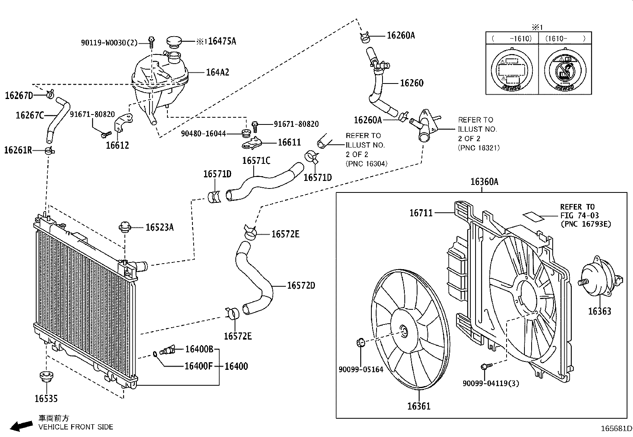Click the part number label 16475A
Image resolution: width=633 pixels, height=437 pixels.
pos(222,41)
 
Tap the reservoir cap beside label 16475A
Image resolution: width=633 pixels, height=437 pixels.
pos(173,41)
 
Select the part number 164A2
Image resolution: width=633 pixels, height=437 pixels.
pos(217,72)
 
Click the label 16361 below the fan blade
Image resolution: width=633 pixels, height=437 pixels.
pos(419,406)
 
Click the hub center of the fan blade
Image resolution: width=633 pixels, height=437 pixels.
pos(404,331)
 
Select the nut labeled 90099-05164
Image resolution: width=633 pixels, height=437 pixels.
pos(361,342)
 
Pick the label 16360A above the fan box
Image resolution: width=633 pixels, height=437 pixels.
pos(484,182)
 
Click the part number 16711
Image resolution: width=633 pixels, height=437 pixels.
pos(421,213)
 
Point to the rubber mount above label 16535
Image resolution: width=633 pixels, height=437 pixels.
pos(46,376)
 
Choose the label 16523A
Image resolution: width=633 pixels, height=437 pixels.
pos(159,227)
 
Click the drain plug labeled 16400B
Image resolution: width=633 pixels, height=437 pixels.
pos(168,351)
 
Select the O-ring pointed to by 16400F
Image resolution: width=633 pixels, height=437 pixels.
pos(154,353)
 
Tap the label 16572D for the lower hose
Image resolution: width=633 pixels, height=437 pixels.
pos(301,286)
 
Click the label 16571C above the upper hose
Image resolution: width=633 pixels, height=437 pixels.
pos(256,161)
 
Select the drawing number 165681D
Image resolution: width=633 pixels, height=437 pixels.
pos(616,429)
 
